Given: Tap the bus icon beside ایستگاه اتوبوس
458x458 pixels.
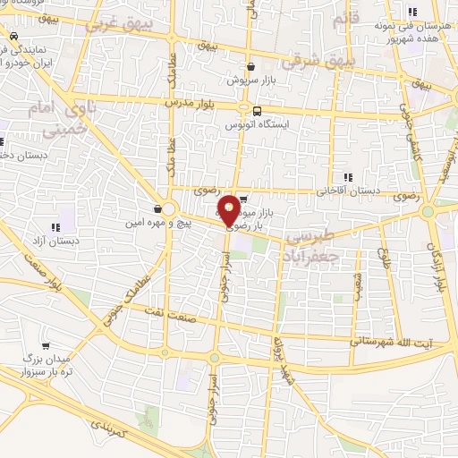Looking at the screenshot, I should point(258,111).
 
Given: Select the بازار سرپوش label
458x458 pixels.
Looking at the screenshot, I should point(250,79).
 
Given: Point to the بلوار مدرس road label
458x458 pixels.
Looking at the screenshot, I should point(191,104).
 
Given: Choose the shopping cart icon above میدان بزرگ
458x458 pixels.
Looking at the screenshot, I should point(46,345).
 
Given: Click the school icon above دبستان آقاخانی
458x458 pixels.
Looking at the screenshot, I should point(348,177).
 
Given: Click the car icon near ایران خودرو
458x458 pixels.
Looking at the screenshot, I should point(13,37).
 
